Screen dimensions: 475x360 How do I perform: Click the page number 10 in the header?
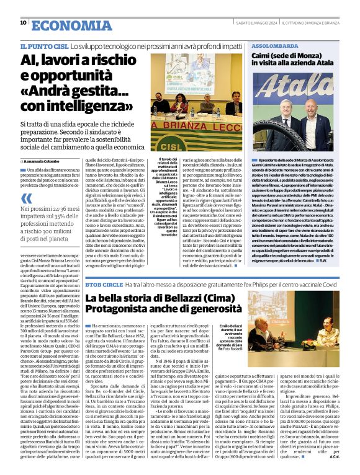click(23, 23)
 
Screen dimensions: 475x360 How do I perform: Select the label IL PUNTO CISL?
click(43, 47)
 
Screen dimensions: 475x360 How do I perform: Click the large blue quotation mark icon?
click(26, 198)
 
